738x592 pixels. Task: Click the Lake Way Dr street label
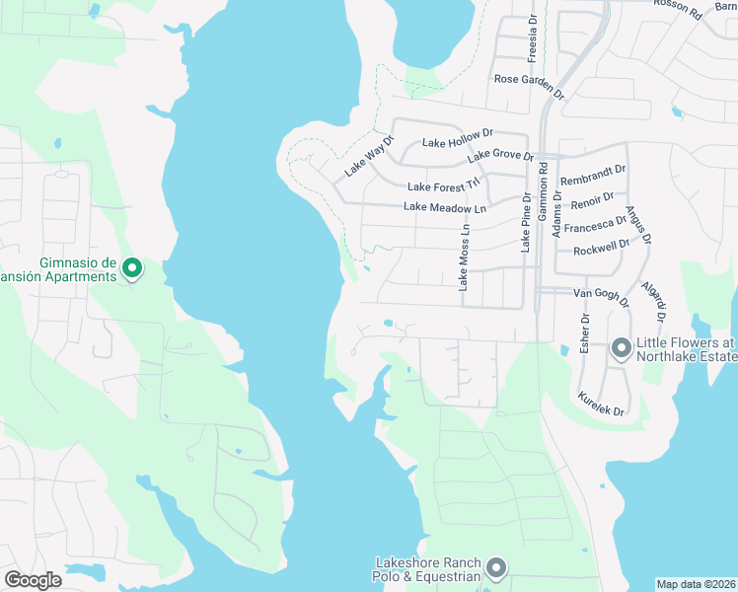[368, 155]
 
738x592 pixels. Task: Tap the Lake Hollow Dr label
[457, 143]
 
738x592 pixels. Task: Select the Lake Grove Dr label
[500, 155]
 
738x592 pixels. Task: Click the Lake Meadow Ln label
[446, 208]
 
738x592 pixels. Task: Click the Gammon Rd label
[544, 190]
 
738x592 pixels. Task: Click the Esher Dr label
[585, 334]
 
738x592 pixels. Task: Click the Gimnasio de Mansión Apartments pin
[131, 267]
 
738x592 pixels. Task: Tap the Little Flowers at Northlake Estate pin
[622, 348]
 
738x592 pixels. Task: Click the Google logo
[33, 580]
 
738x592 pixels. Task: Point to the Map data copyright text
[697, 583]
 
